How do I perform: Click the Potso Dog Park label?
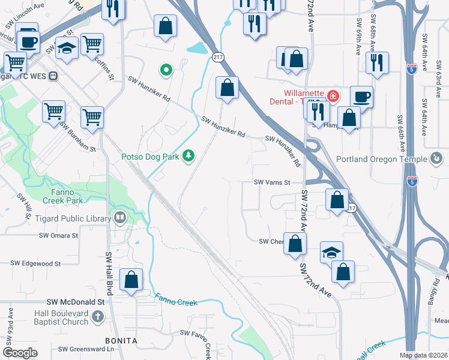150,157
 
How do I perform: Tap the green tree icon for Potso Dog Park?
189,157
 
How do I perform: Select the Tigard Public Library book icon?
120,218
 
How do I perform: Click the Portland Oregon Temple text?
381,159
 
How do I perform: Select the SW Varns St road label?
272,182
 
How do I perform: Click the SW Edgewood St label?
36,263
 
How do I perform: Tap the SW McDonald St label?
76,303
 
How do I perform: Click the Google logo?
20,353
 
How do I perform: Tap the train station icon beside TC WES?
53,76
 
